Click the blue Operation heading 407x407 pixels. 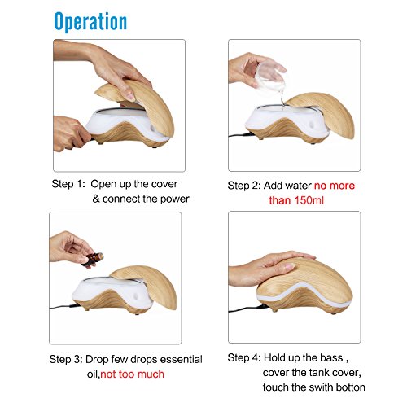[x=90, y=22]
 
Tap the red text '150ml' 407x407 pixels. [x=309, y=200]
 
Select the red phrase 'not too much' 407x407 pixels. [x=133, y=374]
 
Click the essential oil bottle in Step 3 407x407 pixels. [x=92, y=260]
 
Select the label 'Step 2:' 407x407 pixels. [x=244, y=186]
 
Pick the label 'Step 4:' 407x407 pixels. [x=244, y=357]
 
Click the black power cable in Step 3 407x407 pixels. [x=64, y=307]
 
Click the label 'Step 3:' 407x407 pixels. [x=66, y=359]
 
